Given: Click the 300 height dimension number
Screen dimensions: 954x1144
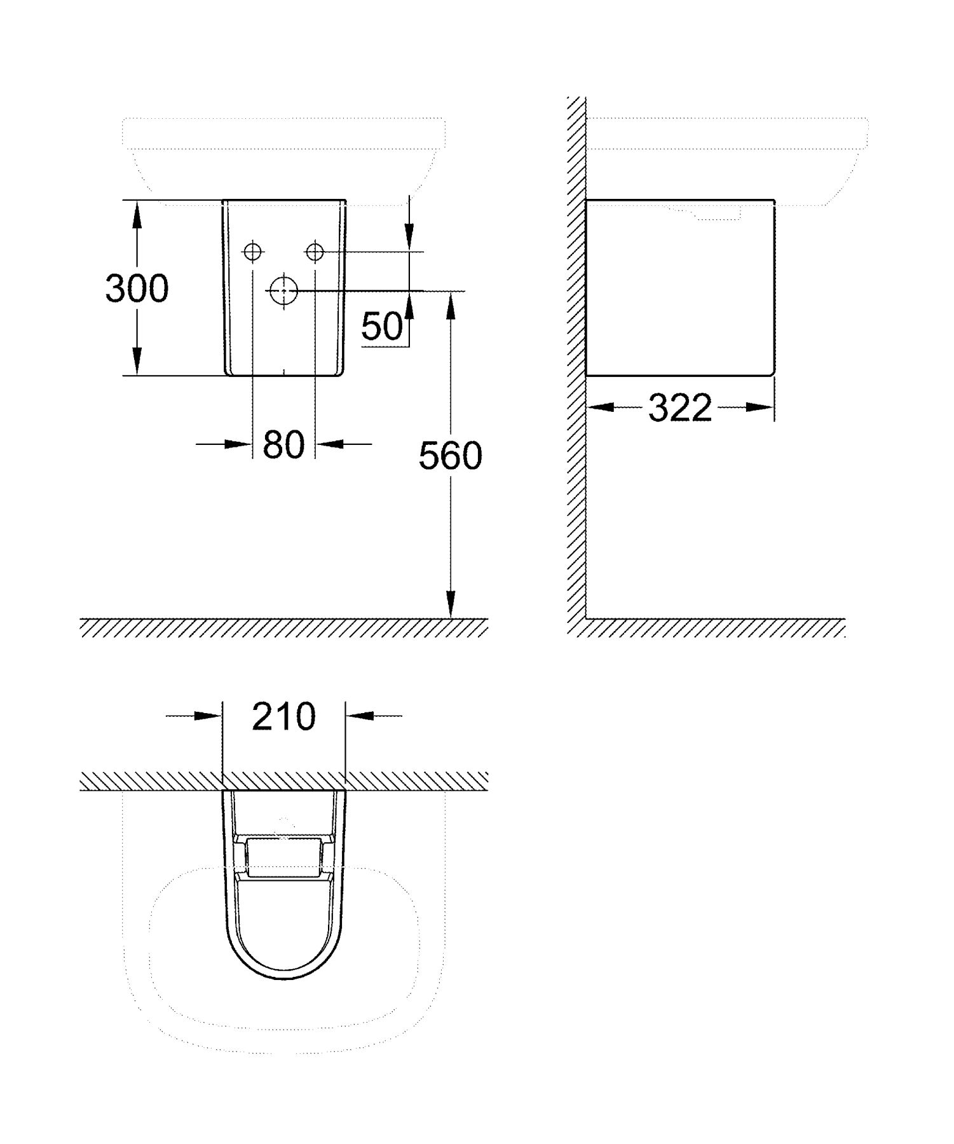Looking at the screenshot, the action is (137, 289).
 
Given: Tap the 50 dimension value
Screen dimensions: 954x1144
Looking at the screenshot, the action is (382, 327).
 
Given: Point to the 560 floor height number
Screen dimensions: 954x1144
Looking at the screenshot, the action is (451, 456).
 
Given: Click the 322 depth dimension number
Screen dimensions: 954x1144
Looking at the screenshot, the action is (680, 407).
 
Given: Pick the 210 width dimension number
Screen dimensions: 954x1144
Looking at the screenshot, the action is (283, 716).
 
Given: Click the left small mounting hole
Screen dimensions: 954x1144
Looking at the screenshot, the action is (253, 252).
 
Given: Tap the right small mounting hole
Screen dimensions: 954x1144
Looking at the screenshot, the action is (315, 252).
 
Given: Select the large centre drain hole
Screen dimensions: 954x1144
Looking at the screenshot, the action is (283, 290).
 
